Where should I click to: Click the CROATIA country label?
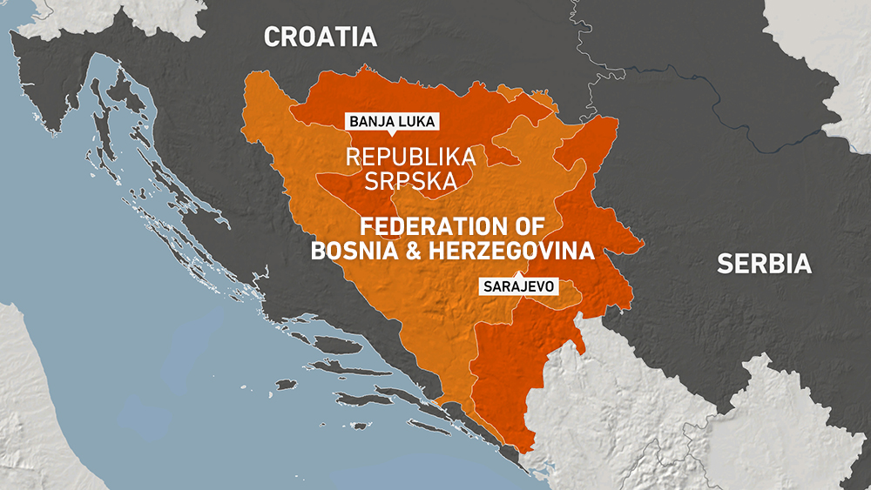(321, 37)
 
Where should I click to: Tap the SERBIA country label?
(764, 265)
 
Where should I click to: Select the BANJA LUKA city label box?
(391, 121)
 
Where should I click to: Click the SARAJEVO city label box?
(518, 286)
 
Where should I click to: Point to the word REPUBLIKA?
(411, 158)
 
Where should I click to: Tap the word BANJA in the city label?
(370, 121)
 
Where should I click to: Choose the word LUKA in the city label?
(414, 121)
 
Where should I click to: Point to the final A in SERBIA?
(802, 265)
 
